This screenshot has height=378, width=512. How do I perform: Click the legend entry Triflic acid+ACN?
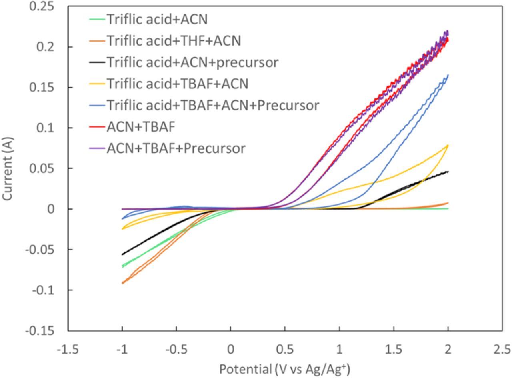(x=157, y=19)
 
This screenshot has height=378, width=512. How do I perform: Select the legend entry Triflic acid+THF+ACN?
(x=173, y=41)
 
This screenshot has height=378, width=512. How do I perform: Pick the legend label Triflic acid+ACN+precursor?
(x=192, y=62)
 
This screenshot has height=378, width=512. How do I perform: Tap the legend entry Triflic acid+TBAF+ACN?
(x=177, y=84)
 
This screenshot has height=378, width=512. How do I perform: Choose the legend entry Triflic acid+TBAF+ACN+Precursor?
(x=212, y=106)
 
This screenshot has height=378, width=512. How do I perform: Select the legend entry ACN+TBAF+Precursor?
(x=176, y=148)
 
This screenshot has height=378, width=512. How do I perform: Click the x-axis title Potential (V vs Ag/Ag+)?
(x=284, y=369)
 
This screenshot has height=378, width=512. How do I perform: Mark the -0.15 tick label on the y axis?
(x=40, y=331)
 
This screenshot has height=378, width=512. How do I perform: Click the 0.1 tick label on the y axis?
(x=46, y=128)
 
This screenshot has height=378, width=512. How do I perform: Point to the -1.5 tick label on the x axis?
(x=67, y=350)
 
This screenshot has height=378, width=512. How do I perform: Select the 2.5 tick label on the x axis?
(x=502, y=350)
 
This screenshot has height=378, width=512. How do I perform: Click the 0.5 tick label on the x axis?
(x=285, y=350)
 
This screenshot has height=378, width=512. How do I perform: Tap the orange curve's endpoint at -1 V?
(x=123, y=283)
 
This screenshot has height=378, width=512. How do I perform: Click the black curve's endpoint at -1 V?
(x=123, y=254)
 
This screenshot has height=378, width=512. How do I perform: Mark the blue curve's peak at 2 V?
(x=448, y=75)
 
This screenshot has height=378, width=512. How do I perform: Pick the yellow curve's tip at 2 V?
(x=448, y=146)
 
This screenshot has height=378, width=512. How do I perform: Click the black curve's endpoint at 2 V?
(x=448, y=172)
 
